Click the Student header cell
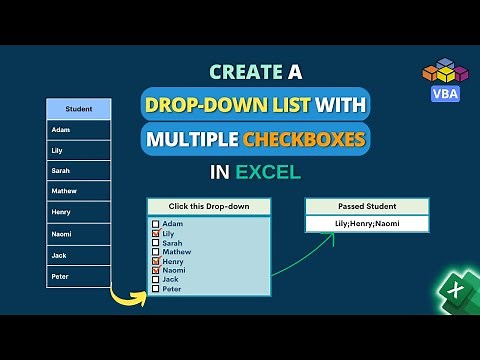(x=79, y=109)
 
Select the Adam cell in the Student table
(x=79, y=130)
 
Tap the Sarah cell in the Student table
(x=79, y=171)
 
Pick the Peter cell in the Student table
(x=79, y=276)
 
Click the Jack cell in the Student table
(x=79, y=255)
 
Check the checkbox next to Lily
(x=155, y=233)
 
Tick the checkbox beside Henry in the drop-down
(x=155, y=261)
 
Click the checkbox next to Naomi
(x=155, y=270)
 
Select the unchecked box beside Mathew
(x=155, y=252)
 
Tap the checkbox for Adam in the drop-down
(x=155, y=224)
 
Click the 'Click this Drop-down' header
(x=209, y=207)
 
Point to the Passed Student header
(x=366, y=206)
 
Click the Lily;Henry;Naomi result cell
(x=366, y=223)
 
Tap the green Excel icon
(x=455, y=292)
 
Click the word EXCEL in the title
(x=268, y=171)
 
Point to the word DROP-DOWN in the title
(x=199, y=103)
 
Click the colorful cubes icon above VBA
(x=443, y=70)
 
